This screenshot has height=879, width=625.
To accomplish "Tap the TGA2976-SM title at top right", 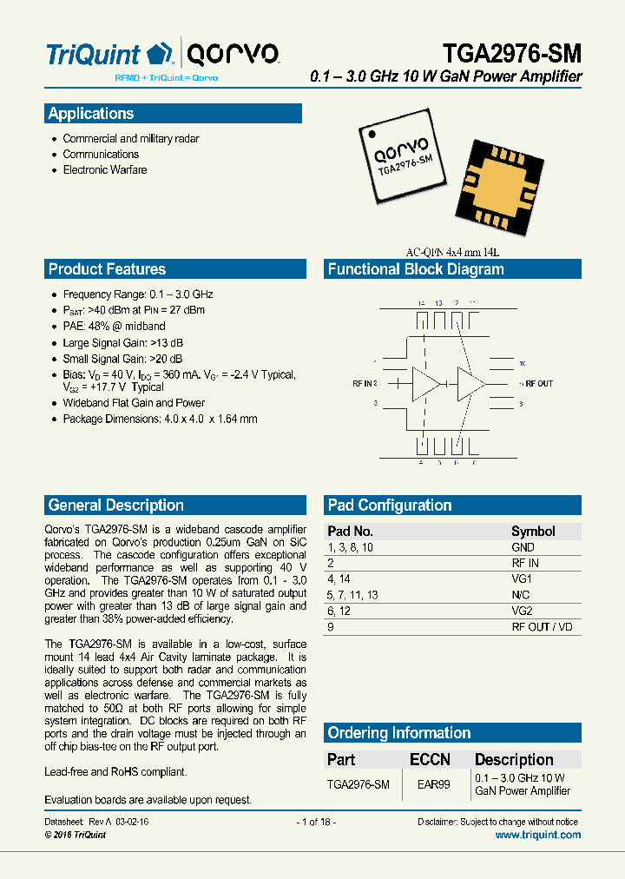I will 511,54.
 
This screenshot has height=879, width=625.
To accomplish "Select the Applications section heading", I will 91,114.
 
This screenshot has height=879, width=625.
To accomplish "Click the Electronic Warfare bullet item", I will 104,170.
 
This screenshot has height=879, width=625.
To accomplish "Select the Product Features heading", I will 107,269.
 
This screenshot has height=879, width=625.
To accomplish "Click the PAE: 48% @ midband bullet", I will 114,327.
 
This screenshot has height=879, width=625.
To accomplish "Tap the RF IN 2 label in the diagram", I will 365,383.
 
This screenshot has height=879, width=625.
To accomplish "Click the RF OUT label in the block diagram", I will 538,383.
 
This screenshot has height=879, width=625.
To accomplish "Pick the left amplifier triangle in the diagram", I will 424,383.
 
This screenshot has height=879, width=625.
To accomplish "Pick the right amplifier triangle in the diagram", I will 471,383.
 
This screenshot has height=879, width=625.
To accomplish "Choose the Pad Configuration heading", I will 390,506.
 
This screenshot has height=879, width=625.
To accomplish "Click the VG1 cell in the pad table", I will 522,579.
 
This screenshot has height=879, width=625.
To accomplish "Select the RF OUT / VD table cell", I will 542,627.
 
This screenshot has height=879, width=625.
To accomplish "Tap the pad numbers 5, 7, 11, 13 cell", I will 353,595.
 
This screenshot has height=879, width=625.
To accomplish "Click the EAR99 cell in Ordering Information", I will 433,784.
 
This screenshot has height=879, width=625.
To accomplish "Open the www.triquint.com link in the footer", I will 537,835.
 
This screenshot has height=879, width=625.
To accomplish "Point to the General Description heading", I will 116,506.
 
